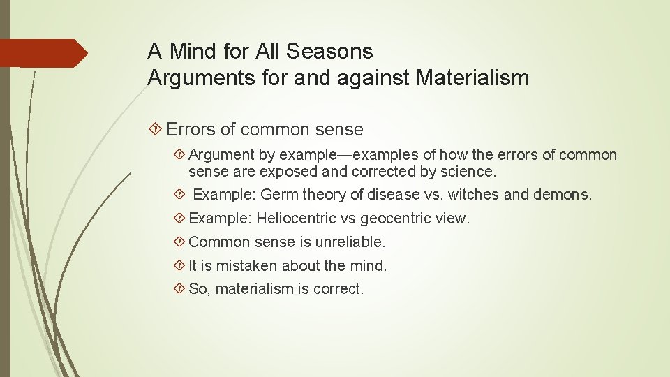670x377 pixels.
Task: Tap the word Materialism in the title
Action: click(x=472, y=77)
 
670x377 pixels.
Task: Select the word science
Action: click(x=468, y=170)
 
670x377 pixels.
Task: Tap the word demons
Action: click(x=562, y=195)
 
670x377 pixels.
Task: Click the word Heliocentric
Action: click(x=296, y=219)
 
